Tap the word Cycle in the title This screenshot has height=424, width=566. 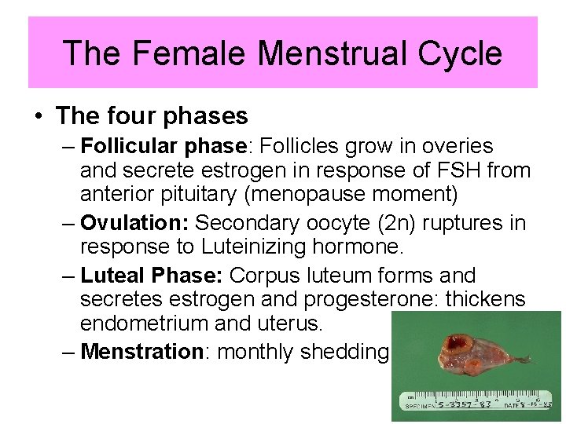[464, 53]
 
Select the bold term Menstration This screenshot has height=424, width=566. [142, 352]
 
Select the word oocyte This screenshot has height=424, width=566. [377, 223]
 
